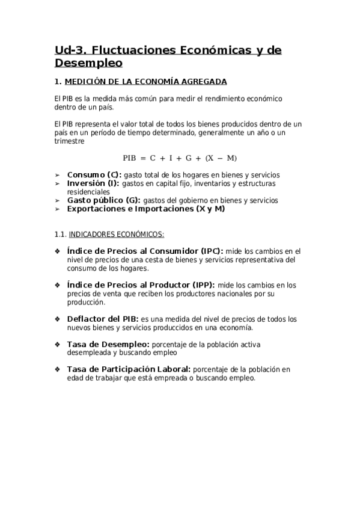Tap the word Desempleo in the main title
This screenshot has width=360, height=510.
click(x=88, y=63)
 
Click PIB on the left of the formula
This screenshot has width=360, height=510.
click(x=130, y=158)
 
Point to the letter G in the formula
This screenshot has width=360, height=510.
click(x=189, y=158)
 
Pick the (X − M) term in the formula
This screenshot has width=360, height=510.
click(x=221, y=158)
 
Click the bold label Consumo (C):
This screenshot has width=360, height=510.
click(x=94, y=175)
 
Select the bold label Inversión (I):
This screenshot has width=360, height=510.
click(x=93, y=183)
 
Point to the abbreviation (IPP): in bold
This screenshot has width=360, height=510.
click(x=204, y=285)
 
